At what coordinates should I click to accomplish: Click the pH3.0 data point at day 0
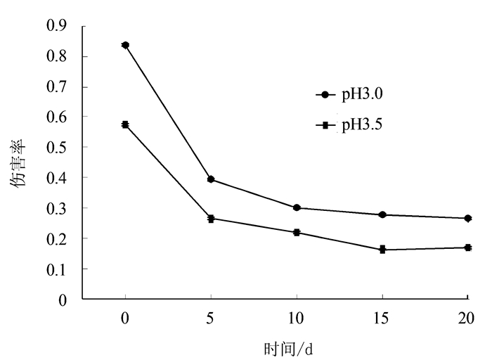coord(125,45)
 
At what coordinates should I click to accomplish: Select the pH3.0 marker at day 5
coord(211,179)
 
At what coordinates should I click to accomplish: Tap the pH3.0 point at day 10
coord(297,207)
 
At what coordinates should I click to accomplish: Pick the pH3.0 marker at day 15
coord(382,214)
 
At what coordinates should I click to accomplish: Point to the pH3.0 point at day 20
coord(468,218)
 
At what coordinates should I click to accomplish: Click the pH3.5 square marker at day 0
coord(125,124)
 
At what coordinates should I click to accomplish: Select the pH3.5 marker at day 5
coord(211,219)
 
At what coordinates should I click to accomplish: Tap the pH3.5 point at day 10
coord(297,232)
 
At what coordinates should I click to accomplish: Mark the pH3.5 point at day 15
coord(382,250)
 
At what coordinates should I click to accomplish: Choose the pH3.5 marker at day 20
coord(468,247)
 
